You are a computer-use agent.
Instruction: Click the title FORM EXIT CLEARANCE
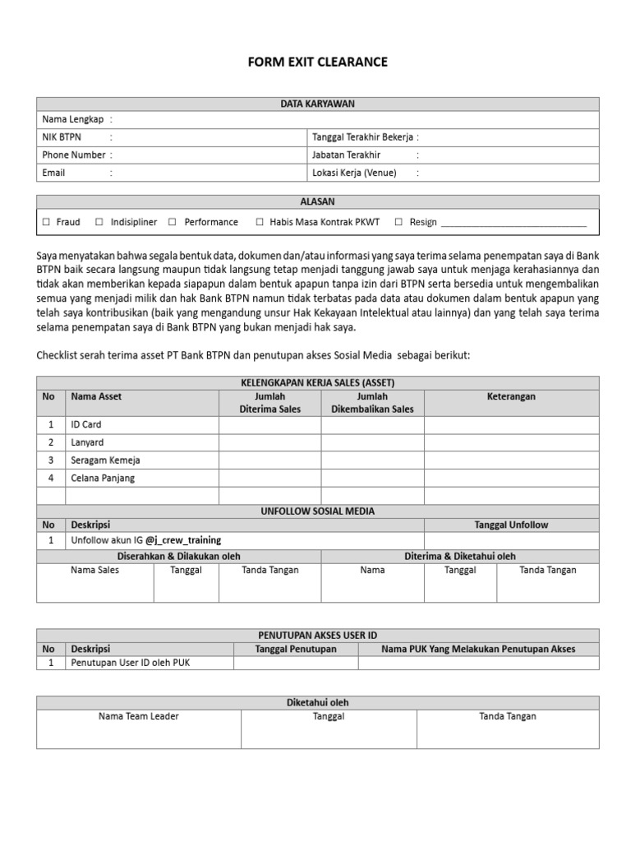point(317,62)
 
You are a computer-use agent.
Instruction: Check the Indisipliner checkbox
point(99,222)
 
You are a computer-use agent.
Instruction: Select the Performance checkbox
point(173,222)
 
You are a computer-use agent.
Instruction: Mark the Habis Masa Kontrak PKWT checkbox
point(260,222)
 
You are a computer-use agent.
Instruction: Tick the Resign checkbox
point(398,222)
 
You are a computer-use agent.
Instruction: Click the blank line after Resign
point(514,224)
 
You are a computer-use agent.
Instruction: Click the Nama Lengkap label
point(73,119)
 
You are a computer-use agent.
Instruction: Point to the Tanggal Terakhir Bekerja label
point(362,137)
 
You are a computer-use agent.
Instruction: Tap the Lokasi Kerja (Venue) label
point(354,173)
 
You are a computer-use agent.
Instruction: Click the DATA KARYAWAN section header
point(317,104)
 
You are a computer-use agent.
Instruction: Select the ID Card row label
point(86,424)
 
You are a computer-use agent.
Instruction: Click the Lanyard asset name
point(87,442)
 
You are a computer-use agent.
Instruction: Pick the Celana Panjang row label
point(103,478)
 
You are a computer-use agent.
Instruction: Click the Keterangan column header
point(511,396)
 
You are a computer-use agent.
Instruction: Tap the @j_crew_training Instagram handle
point(183,540)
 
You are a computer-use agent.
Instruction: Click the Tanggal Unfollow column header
point(511,525)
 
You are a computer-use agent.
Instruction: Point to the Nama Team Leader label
point(138,716)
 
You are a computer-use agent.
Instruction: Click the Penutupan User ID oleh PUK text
point(130,663)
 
